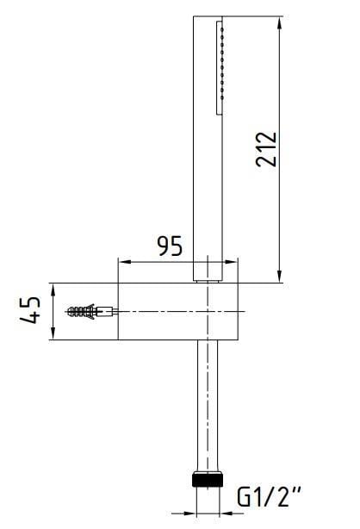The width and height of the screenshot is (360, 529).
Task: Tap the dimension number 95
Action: tap(169, 246)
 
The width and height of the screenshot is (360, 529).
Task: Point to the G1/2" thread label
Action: tap(270, 498)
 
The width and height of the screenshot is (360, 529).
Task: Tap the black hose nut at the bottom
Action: tap(210, 479)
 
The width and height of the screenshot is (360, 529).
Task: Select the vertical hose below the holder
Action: tap(210, 405)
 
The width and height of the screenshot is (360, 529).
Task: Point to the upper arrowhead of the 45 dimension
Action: tap(53, 288)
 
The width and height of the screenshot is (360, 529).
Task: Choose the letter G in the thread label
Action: tap(245, 498)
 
